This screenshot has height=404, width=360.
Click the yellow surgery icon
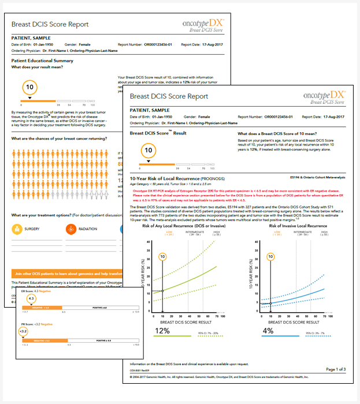click(17, 229)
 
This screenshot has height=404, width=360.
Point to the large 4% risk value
click(268, 331)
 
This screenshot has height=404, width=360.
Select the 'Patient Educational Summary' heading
click(43, 61)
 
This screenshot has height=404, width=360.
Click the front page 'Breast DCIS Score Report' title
click(169, 96)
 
